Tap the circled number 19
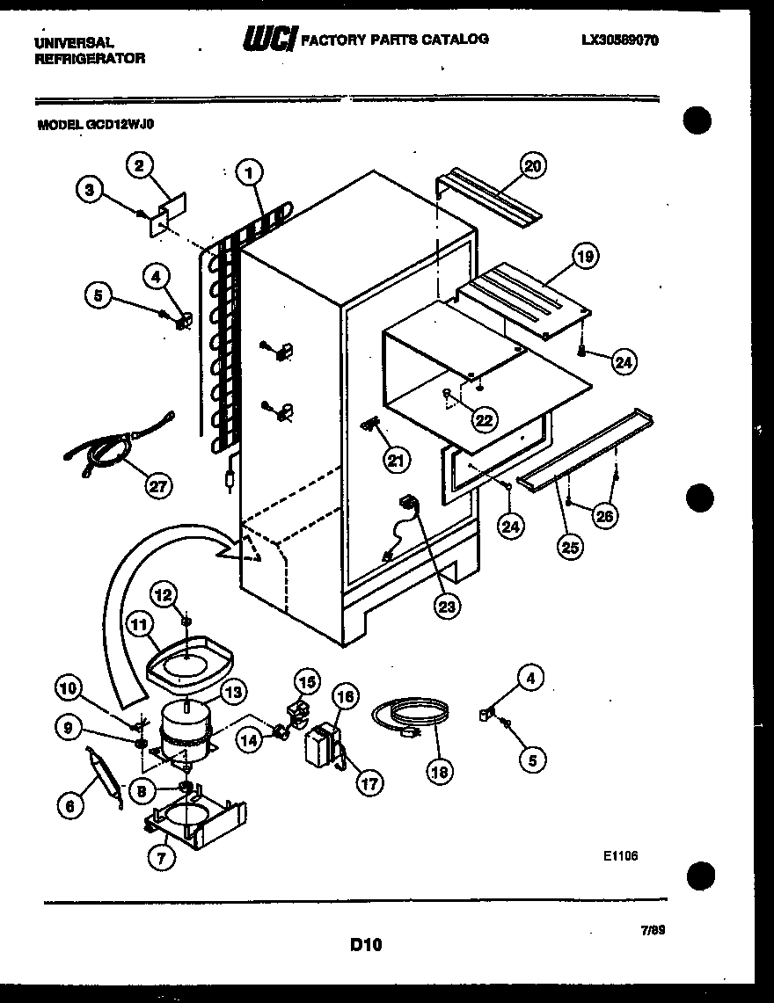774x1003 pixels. coord(585,257)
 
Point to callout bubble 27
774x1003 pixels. coord(160,486)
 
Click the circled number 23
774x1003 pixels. coord(449,606)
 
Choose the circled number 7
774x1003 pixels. coord(161,860)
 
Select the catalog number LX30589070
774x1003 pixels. coord(620,40)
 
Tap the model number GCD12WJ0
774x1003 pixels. coord(97,125)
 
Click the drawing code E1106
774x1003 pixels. coord(620,854)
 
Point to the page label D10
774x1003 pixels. coord(366,945)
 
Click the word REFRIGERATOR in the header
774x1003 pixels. coord(90,58)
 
